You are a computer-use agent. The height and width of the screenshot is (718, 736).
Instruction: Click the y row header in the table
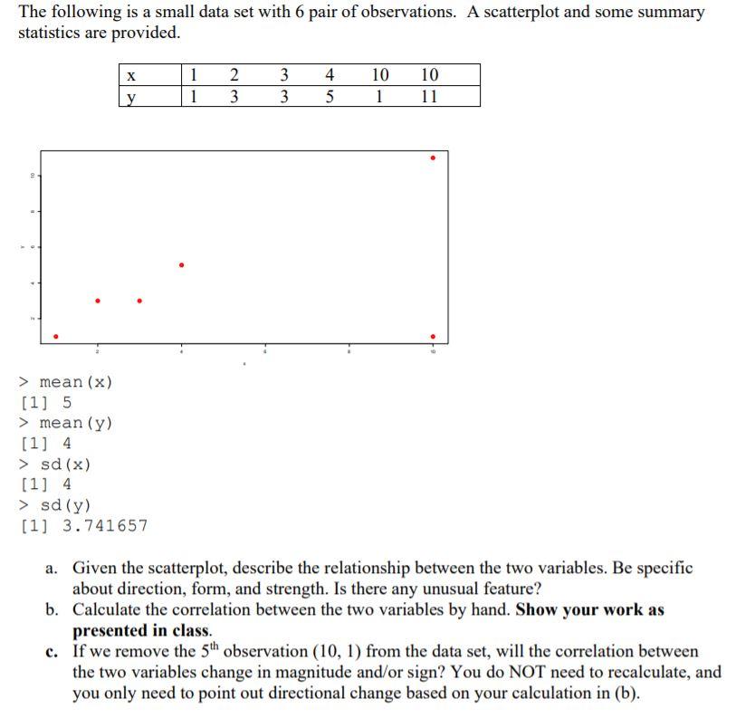(x=131, y=96)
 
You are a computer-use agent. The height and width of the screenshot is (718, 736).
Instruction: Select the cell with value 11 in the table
(x=429, y=96)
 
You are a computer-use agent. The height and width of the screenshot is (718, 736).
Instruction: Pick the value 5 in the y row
(x=330, y=96)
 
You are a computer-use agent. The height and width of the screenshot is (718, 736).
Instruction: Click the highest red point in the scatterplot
(x=433, y=158)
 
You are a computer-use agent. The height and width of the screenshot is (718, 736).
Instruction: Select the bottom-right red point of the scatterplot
(x=433, y=337)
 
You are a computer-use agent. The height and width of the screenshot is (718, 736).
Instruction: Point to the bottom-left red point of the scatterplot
(x=56, y=337)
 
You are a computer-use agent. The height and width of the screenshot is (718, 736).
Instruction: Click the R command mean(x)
(x=76, y=382)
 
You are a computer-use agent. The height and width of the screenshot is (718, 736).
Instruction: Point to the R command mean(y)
(x=76, y=423)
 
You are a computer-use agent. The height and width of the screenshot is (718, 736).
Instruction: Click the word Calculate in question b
(x=108, y=610)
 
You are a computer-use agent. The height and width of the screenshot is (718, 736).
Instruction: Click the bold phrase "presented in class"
(x=140, y=630)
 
